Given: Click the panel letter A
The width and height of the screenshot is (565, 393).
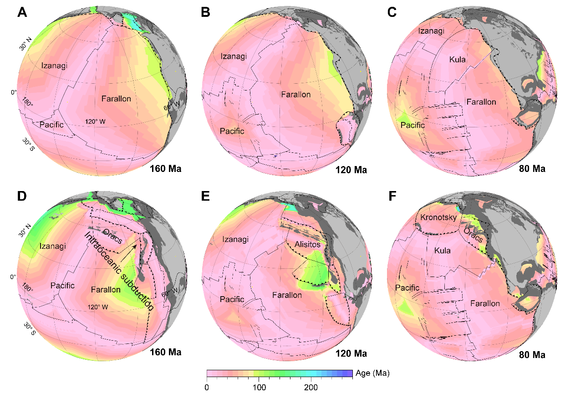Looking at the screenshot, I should coord(21,13).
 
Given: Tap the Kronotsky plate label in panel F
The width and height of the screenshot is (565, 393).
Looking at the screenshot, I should coord(438,217).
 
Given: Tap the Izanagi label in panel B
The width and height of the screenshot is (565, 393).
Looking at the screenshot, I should coord(234,56).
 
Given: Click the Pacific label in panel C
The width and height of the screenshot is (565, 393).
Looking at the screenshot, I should coord(412,125).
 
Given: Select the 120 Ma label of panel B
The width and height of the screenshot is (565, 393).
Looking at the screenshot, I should coord(351,170).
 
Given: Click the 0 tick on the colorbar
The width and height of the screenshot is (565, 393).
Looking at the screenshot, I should coord(207,387).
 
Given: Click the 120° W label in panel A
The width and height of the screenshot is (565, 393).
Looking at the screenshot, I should coord(97,122).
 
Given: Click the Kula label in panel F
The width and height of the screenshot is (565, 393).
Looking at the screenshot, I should coord(442,251).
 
